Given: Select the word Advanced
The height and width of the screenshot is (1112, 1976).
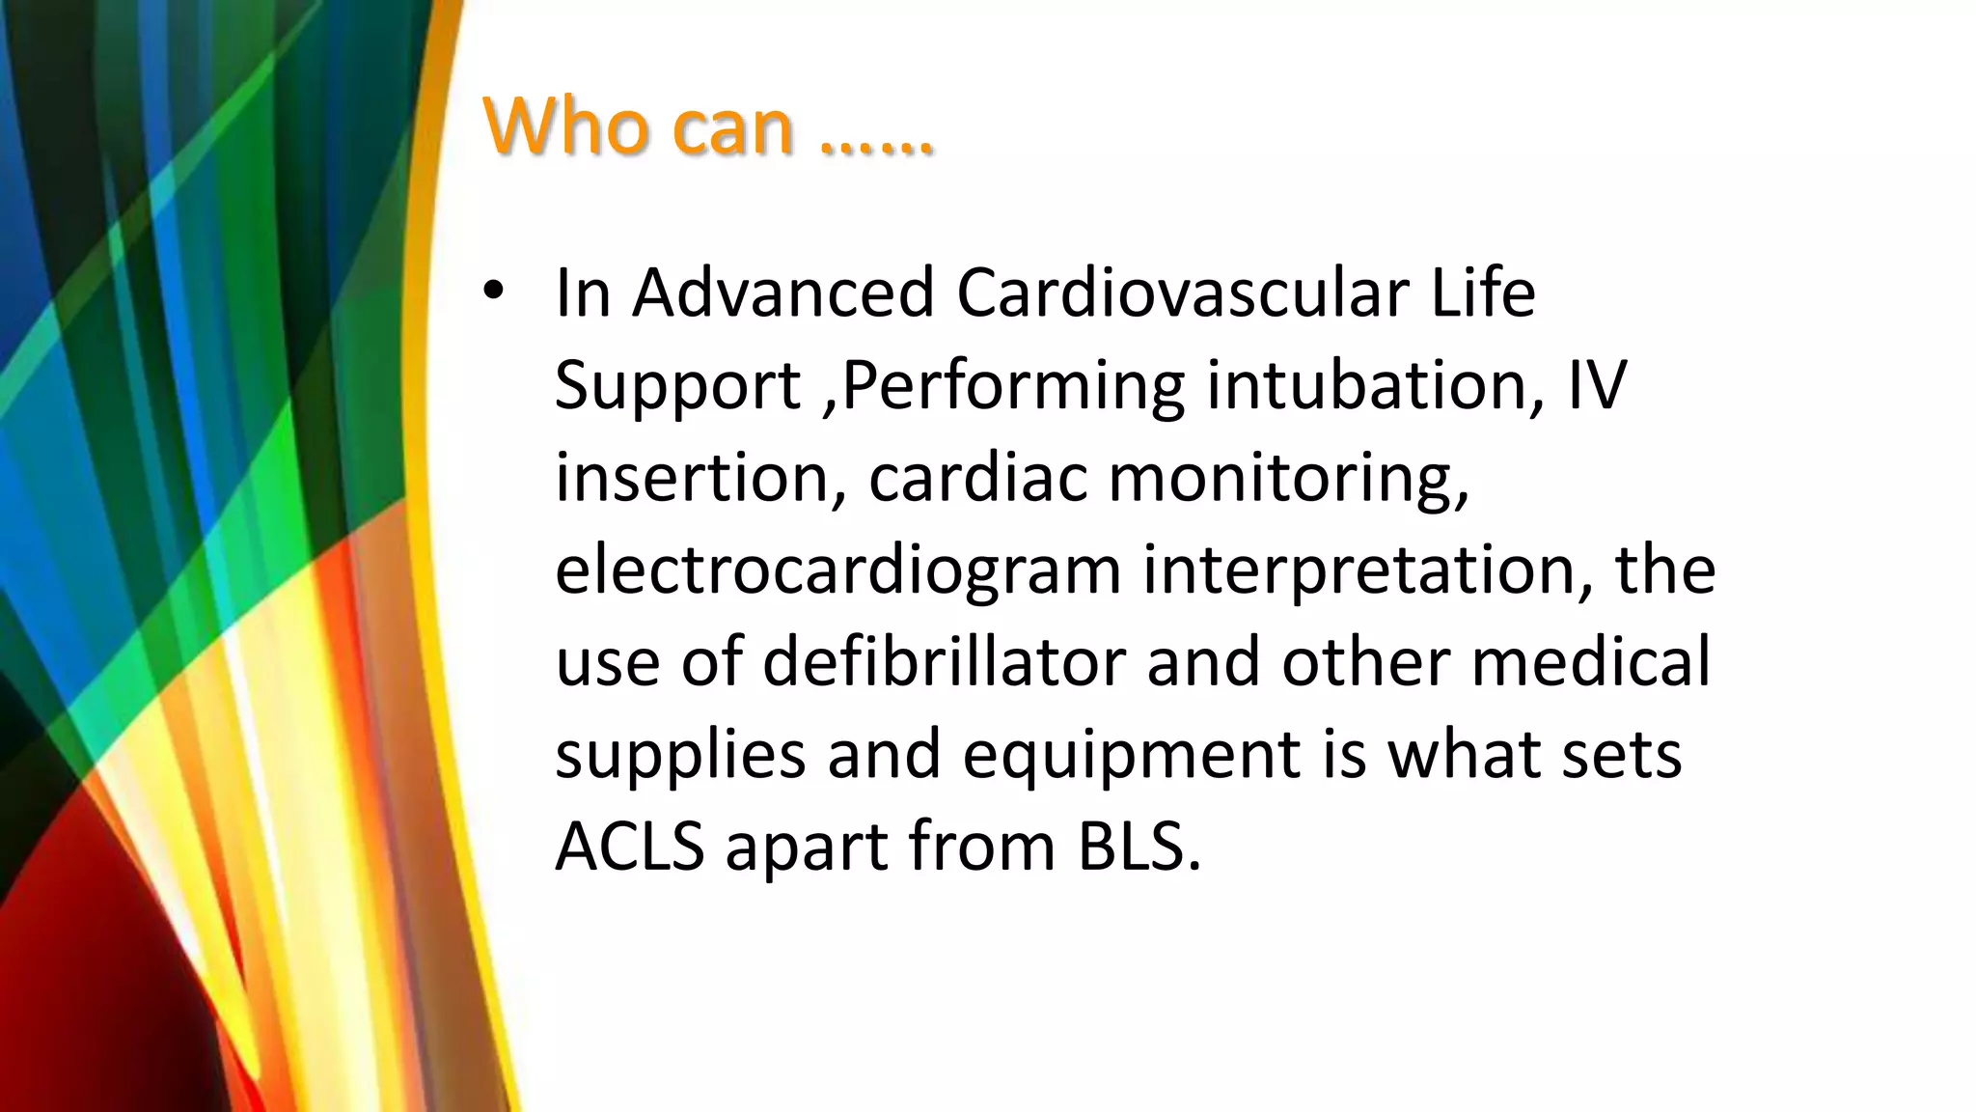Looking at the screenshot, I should click(x=782, y=292).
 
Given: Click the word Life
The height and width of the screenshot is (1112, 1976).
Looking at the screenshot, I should click(x=1482, y=292).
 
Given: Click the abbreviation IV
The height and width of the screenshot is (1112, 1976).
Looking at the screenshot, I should click(x=1597, y=384).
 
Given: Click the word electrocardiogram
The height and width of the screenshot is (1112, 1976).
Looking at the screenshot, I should click(x=837, y=570).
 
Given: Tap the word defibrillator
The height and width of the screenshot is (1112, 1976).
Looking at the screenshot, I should click(x=944, y=662).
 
